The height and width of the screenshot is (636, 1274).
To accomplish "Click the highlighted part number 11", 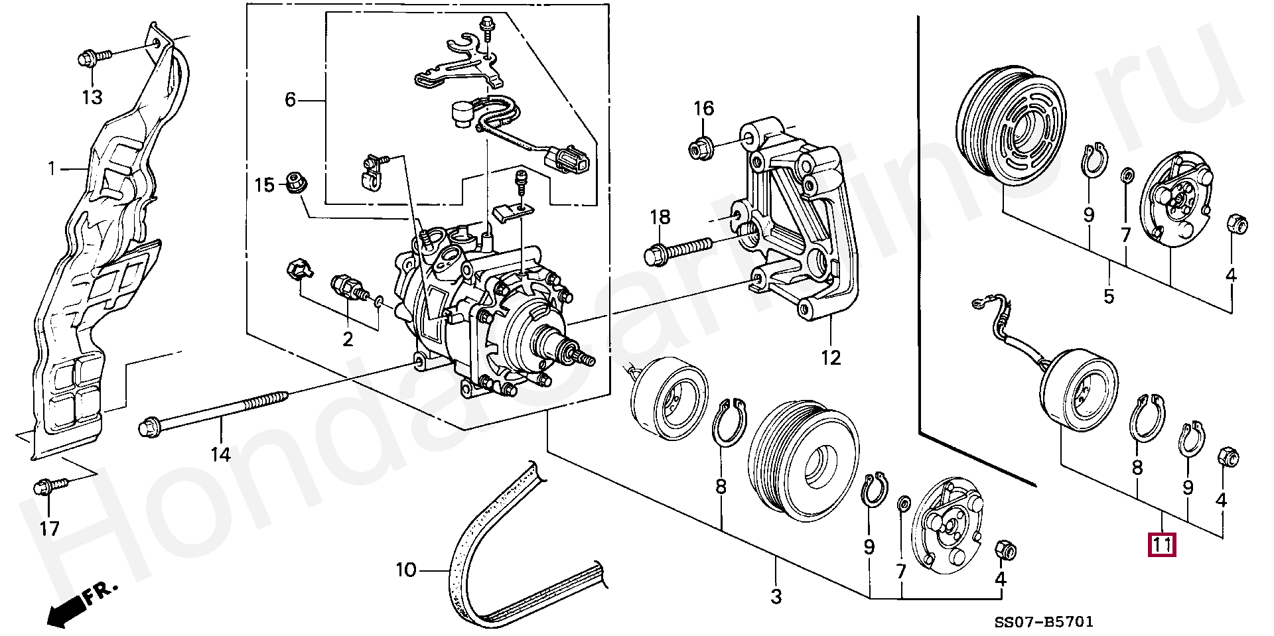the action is click(x=1163, y=544).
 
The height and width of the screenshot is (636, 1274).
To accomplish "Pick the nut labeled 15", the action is click(x=295, y=182).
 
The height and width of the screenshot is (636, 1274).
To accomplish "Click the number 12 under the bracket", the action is click(x=830, y=357).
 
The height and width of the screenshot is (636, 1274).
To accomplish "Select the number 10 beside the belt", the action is click(x=406, y=570).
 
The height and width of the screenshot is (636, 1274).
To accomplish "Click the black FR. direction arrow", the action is click(x=73, y=605).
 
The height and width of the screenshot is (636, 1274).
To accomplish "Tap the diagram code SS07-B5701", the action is click(x=1043, y=621).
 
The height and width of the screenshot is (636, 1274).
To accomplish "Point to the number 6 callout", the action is click(x=290, y=100).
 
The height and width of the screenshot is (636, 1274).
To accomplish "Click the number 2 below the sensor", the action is click(x=348, y=339).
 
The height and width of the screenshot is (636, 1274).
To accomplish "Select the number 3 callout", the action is click(x=776, y=596).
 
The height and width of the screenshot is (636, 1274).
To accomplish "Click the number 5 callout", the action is click(x=1109, y=296).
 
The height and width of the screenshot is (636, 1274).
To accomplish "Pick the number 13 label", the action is click(x=92, y=97).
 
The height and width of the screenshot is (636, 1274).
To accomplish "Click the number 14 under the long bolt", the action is click(x=220, y=454).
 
